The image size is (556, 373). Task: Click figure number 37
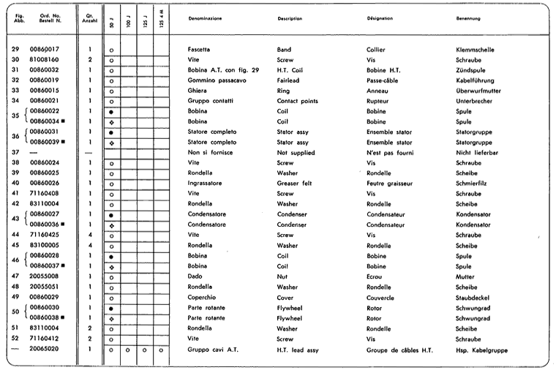click(16, 152)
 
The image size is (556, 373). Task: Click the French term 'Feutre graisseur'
click(388, 183)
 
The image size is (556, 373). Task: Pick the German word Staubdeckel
click(471, 298)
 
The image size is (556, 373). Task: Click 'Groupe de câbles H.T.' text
click(399, 350)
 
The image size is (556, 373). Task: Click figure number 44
click(16, 235)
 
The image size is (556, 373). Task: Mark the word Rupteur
click(378, 100)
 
